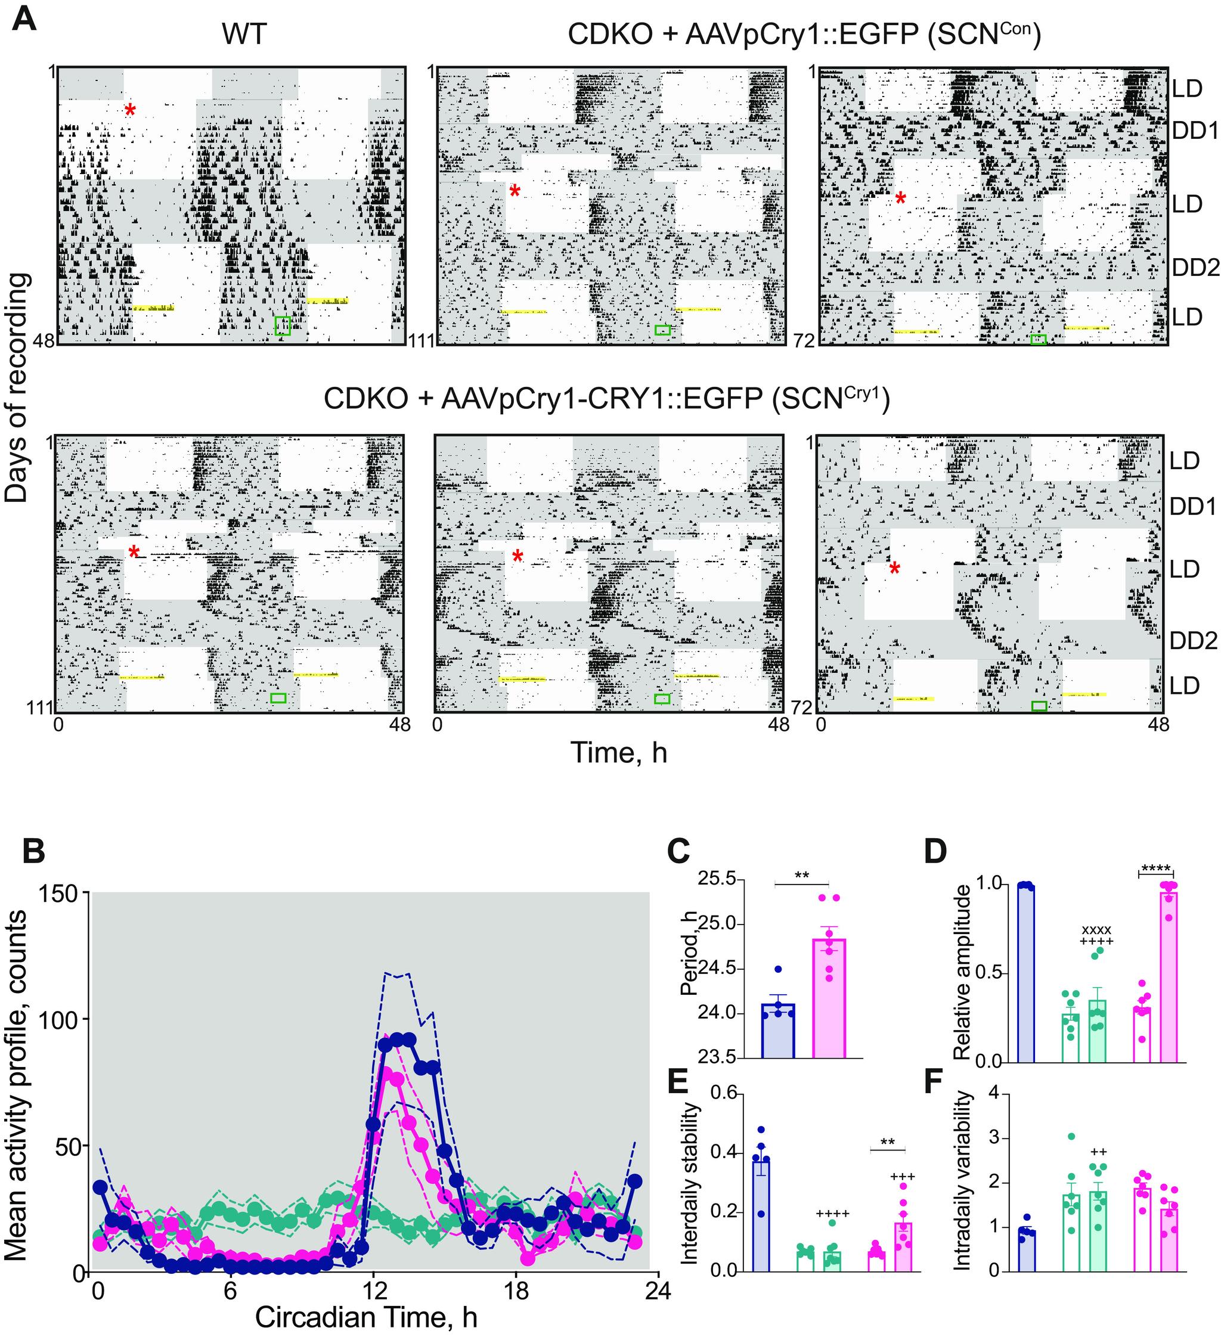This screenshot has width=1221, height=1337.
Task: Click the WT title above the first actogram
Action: coord(244,35)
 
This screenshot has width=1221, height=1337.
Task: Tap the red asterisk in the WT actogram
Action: coord(130,110)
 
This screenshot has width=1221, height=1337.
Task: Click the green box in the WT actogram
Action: coord(283,325)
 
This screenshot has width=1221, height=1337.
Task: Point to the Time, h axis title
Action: coord(618,752)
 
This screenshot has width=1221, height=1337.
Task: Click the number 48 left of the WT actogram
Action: coord(46,341)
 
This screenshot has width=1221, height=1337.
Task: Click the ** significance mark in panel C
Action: coord(801,876)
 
